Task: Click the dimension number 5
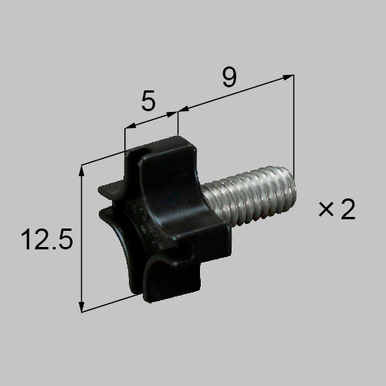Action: (148, 100)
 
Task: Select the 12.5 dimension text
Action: (47, 239)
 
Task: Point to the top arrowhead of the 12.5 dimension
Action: (82, 171)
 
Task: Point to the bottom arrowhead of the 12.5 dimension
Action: (82, 306)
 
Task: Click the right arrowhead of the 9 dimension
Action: (288, 76)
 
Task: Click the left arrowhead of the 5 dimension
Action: (130, 126)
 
